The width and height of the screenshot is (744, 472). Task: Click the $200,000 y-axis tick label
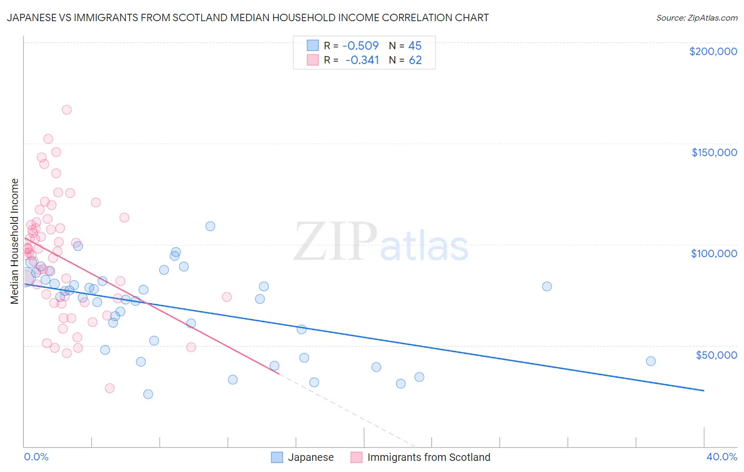pos(713,51)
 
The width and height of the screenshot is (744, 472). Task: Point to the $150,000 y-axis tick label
pos(714,152)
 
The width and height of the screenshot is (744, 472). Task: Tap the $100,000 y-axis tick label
pos(714,253)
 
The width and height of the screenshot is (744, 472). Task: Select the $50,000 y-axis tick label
pos(716,355)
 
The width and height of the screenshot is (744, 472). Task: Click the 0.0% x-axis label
pos(36,457)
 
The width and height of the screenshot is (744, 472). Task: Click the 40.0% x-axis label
pos(721,457)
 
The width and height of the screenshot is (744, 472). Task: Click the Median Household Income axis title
pos(14,241)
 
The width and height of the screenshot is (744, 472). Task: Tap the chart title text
pos(247,17)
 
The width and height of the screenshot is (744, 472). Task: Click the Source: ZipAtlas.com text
pos(696,17)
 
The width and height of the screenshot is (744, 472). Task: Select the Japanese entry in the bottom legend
pos(310,457)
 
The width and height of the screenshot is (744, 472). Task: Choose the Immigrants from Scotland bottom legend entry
pos(429,457)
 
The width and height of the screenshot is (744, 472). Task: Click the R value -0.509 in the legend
pos(360,46)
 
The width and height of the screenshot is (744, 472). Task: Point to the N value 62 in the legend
pos(415,60)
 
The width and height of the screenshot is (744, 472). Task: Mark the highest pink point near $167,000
pos(67,110)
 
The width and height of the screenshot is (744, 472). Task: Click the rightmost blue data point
pos(650,361)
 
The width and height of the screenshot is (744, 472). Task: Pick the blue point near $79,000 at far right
pos(547,286)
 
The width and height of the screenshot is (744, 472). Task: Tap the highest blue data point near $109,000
pos(210,226)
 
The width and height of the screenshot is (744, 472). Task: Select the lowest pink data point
pos(110,388)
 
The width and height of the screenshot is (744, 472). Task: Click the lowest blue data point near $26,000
pos(148,394)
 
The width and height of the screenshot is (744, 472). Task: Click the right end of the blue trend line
pos(704,391)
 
